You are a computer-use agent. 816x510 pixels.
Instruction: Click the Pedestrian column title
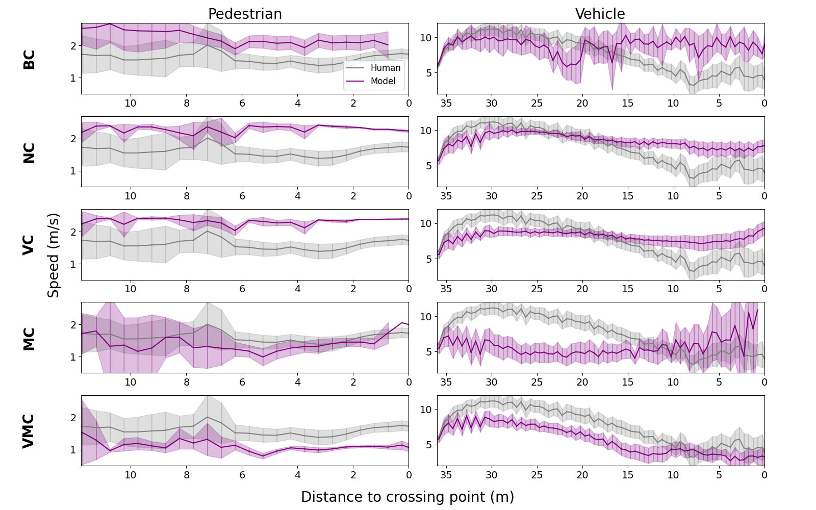(x=245, y=14)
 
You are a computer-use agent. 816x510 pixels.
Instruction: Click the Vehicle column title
(x=600, y=14)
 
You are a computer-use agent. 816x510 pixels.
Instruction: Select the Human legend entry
(x=385, y=68)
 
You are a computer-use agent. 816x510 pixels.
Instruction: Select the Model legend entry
(x=383, y=81)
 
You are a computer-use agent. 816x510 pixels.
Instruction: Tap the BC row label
(x=29, y=59)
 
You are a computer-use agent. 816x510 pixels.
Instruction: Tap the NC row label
(x=29, y=152)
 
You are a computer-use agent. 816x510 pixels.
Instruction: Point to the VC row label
(x=29, y=245)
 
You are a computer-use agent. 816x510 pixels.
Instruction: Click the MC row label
(x=29, y=339)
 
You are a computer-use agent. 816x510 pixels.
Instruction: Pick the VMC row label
(x=29, y=431)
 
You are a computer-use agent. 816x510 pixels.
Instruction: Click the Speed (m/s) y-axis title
(x=54, y=255)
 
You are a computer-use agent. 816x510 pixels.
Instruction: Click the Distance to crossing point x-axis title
(x=407, y=497)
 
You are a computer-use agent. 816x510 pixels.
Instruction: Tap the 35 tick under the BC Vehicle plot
(x=446, y=103)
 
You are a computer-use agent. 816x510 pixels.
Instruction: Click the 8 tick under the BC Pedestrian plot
(x=187, y=103)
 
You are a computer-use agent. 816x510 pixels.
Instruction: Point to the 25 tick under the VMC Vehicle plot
(x=537, y=475)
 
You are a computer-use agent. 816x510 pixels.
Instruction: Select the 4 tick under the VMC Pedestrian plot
(x=298, y=475)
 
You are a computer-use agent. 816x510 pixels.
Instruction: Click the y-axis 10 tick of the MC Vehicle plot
(x=426, y=317)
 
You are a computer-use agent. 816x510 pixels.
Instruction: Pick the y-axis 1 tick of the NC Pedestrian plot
(x=73, y=171)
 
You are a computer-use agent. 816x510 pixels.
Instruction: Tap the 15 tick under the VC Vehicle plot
(x=627, y=289)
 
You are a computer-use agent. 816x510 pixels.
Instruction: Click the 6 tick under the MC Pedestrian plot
(x=242, y=382)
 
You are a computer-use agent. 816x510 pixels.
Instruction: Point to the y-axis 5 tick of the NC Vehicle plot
(x=428, y=166)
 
